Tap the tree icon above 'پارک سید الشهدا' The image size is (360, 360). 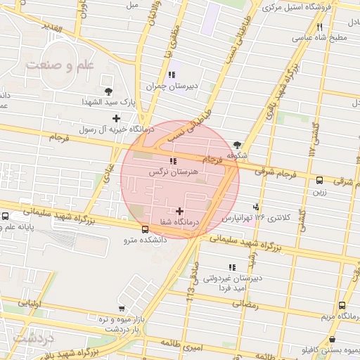pyautogui.click(x=108, y=91)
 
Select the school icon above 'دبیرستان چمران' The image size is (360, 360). pyautogui.click(x=171, y=75)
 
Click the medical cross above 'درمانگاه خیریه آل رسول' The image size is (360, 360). pyautogui.click(x=116, y=118)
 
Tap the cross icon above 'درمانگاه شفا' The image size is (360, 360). pyautogui.click(x=181, y=210)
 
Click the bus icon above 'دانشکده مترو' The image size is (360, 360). pyautogui.click(x=145, y=229)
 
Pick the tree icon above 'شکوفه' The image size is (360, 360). pyautogui.click(x=238, y=144)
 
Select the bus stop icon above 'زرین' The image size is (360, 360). pyautogui.click(x=320, y=180)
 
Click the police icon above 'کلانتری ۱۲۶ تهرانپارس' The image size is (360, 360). pyautogui.click(x=257, y=207)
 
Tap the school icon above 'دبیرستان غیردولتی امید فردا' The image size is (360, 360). pyautogui.click(x=232, y=267)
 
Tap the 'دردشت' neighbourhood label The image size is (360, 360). pyautogui.click(x=34, y=340)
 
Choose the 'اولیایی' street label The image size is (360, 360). pyautogui.click(x=31, y=304)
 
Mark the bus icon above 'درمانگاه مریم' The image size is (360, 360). pyautogui.click(x=342, y=306)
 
